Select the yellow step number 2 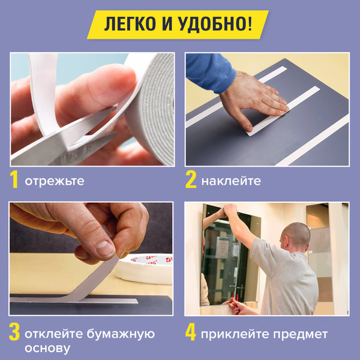pos(191,181)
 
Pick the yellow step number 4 pos(191,333)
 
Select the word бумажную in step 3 pos(122,334)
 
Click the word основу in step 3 pos(48,348)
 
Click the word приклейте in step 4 pos(230,334)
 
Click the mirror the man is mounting pos(225,258)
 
